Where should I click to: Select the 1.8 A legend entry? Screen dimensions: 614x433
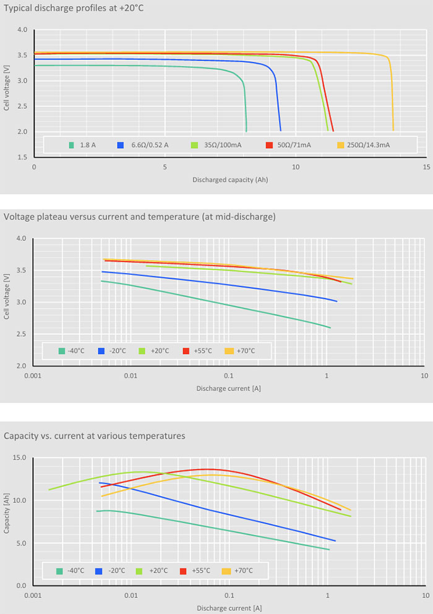pyautogui.click(x=84, y=145)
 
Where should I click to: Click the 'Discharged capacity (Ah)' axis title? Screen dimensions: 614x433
pyautogui.click(x=229, y=180)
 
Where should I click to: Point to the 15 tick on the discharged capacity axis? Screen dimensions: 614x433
pyautogui.click(x=426, y=167)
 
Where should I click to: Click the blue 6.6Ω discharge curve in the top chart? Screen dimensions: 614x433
pyautogui.click(x=186, y=60)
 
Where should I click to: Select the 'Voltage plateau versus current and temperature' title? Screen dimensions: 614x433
pyautogui.click(x=139, y=216)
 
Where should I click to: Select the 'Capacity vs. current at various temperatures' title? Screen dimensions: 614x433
pyautogui.click(x=94, y=435)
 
